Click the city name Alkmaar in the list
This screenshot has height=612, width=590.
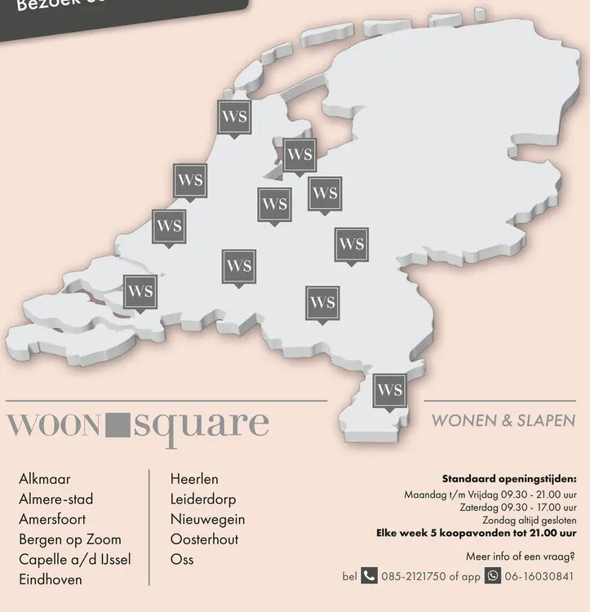click(x=44, y=479)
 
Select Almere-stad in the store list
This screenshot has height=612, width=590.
click(x=55, y=499)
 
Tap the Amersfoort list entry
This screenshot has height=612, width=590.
click(x=51, y=519)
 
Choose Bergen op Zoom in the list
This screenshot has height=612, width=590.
click(x=69, y=539)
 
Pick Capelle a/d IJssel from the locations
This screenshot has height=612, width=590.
click(x=74, y=560)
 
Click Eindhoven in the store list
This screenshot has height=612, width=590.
click(x=50, y=580)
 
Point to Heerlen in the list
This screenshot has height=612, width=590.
click(x=194, y=479)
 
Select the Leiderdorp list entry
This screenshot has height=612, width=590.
click(x=202, y=499)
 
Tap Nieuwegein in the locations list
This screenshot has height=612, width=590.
click(x=207, y=519)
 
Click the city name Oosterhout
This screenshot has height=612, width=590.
click(x=204, y=539)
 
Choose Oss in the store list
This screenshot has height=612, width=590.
click(x=182, y=560)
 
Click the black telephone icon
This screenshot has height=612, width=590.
click(x=370, y=576)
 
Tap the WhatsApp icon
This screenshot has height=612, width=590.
click(x=493, y=576)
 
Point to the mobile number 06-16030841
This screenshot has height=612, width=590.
click(x=544, y=577)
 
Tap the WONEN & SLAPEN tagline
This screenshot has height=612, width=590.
click(x=503, y=421)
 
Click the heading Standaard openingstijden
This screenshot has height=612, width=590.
click(x=508, y=479)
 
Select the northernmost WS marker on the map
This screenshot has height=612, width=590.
click(x=234, y=117)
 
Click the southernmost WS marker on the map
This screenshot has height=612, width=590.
click(x=389, y=390)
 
